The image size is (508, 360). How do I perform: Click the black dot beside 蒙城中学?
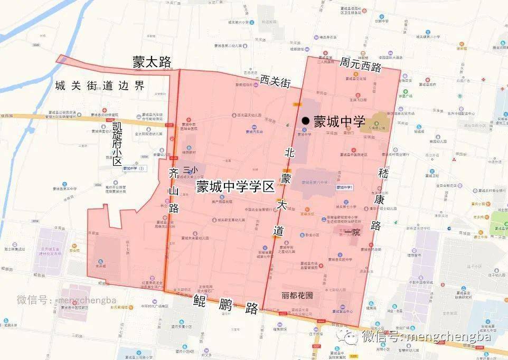click(x=305, y=121)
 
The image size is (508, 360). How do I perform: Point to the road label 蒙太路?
click(x=152, y=62)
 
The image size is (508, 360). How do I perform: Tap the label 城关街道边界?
click(x=99, y=86)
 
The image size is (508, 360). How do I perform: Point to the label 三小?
click(x=190, y=170)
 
